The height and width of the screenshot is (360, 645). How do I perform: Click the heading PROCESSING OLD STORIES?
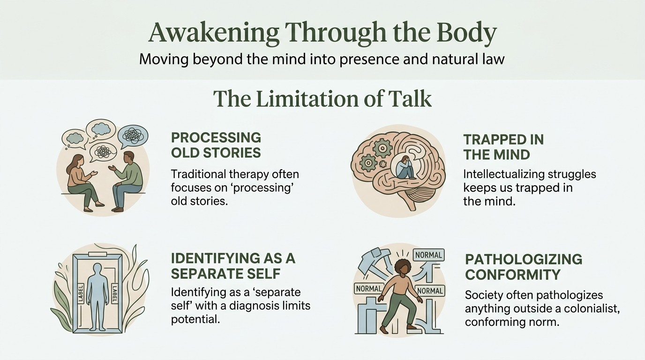tap(216, 145)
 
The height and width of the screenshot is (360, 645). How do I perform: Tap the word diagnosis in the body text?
tap(254, 306)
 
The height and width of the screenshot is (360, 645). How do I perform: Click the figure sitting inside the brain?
tap(406, 168)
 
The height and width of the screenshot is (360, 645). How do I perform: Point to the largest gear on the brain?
tap(382, 148)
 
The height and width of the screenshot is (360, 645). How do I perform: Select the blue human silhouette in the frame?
tap(97, 297)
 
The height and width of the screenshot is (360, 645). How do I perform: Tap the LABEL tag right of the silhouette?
tap(114, 293)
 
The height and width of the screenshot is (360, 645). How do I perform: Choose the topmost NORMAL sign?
tap(429, 255)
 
